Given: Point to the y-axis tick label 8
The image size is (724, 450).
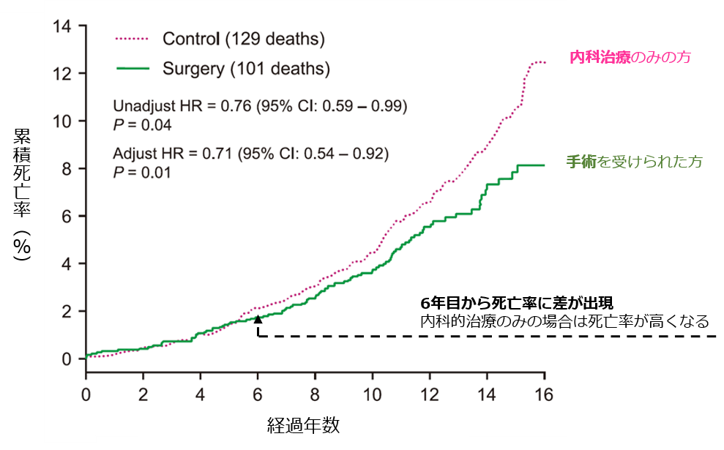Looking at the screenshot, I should coord(67,168).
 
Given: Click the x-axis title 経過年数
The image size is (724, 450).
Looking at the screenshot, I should coord(303,424).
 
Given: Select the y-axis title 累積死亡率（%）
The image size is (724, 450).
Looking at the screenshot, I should coord(22,194).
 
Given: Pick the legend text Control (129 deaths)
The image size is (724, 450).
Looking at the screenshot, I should coord(244,39).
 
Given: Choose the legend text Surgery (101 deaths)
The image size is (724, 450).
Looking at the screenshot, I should coord(246,70).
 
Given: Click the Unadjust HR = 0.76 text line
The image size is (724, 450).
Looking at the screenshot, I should coord(260,106).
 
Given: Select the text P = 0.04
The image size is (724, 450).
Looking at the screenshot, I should coord(143,125).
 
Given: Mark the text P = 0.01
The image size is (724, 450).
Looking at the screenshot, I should coord(143,173).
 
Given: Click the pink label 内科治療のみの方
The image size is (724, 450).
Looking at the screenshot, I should coord(630,57).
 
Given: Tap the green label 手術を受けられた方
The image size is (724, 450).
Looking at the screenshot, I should coord(634,162).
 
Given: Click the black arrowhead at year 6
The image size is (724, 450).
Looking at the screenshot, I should coord(258,319).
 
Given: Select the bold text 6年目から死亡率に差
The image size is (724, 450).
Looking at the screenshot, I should coord(493,304).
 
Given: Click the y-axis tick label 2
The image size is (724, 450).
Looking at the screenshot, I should coord(67,311).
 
